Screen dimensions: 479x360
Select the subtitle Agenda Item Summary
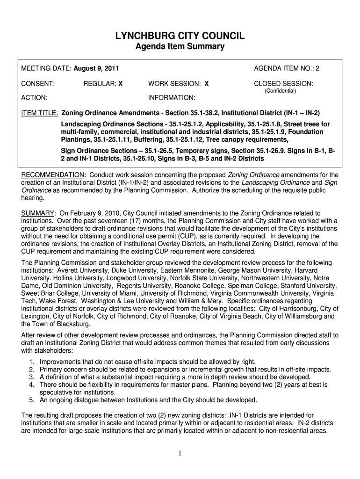click(180, 47)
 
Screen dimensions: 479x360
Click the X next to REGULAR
click(120, 84)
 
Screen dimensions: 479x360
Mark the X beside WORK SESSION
click(206, 84)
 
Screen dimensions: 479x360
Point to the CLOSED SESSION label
click(283, 84)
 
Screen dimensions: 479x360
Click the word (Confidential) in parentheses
click(281, 91)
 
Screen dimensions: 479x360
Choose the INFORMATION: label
click(172, 98)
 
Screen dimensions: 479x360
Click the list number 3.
click(31, 377)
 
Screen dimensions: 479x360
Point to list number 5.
click(31, 400)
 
